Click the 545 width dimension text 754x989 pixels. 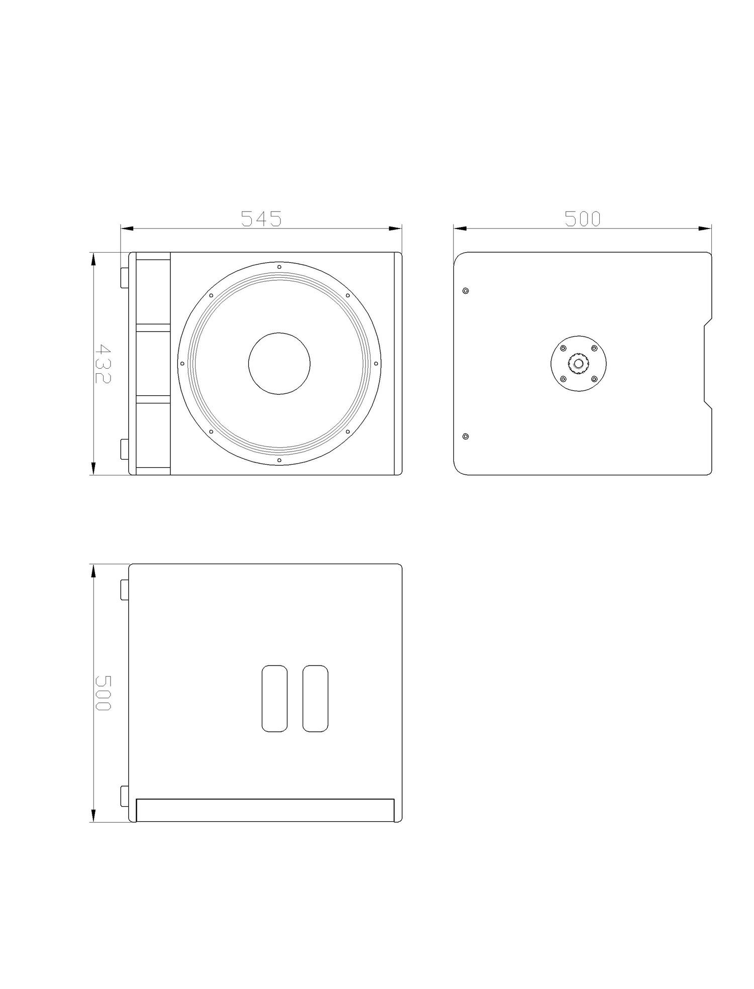(261, 218)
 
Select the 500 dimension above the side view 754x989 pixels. (583, 218)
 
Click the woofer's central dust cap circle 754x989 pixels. (279, 364)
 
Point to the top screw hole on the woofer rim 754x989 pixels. (279, 267)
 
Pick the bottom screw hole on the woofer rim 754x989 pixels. (279, 460)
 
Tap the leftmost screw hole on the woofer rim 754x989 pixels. (182, 363)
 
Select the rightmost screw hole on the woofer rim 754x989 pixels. (375, 363)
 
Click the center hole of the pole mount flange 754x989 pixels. (579, 363)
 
